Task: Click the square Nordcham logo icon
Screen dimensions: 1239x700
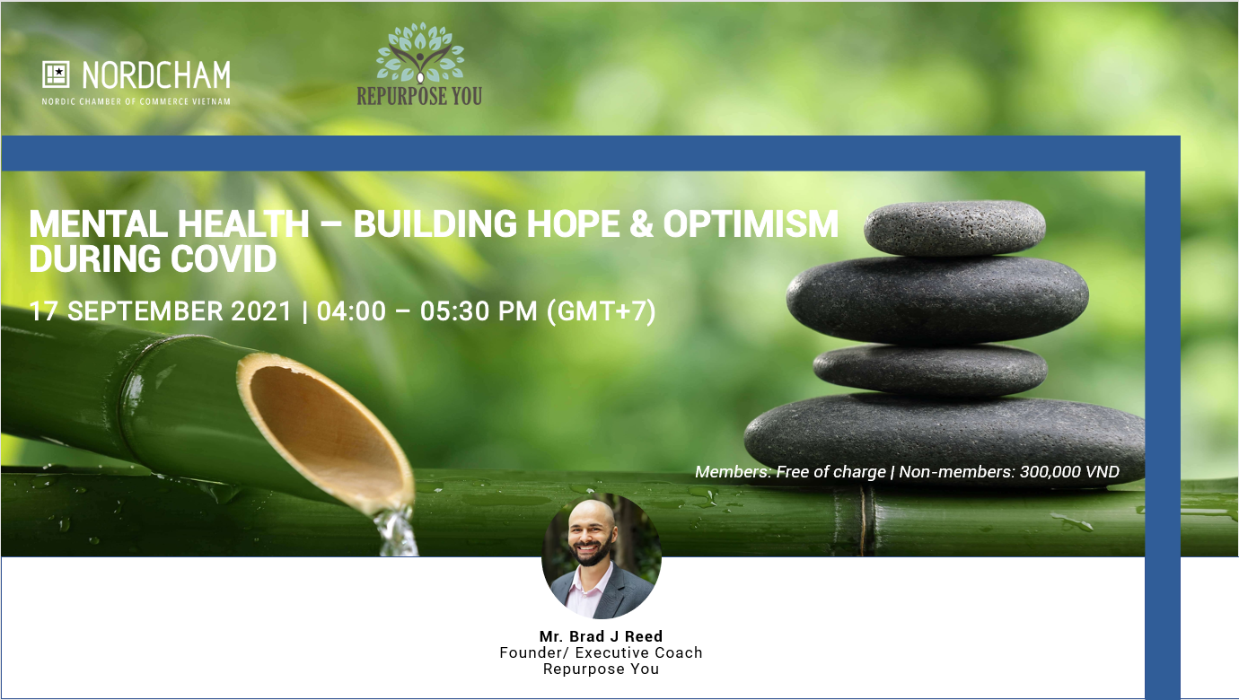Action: tap(56, 74)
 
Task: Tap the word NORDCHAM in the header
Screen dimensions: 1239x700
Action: tap(156, 75)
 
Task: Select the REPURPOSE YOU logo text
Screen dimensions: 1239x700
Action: tap(419, 96)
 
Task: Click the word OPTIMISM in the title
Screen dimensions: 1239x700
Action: tap(751, 224)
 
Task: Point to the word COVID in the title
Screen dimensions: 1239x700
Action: tap(223, 258)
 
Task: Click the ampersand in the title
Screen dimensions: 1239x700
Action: tap(642, 224)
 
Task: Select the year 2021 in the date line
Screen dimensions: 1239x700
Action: tap(260, 311)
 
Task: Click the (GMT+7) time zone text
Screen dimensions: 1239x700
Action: tap(602, 311)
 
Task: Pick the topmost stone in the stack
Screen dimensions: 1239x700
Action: tap(954, 227)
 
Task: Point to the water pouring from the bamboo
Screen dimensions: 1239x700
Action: tap(397, 532)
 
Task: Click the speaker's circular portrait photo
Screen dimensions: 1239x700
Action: tap(602, 556)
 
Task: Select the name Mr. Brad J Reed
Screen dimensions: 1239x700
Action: tap(602, 636)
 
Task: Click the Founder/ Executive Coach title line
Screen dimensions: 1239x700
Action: tap(602, 653)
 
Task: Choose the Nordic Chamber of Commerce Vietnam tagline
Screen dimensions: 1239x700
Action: tap(136, 101)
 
